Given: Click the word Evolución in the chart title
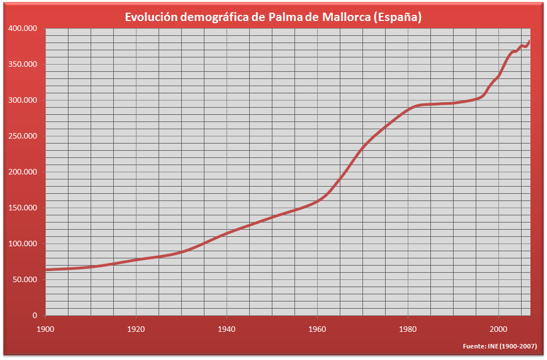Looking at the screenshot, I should pyautogui.click(x=151, y=17).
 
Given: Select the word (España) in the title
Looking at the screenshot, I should pyautogui.click(x=397, y=17).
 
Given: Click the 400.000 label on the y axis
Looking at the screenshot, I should pyautogui.click(x=23, y=29).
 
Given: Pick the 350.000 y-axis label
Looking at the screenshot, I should pyautogui.click(x=23, y=65).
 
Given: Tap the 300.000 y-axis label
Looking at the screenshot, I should pyautogui.click(x=23, y=100).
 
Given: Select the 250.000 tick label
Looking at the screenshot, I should pyautogui.click(x=23, y=136).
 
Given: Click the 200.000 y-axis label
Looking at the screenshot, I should pyautogui.click(x=23, y=172).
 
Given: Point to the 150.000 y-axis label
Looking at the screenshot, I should pyautogui.click(x=23, y=208).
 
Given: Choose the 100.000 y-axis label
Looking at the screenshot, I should pyautogui.click(x=23, y=244).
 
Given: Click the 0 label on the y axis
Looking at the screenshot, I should pyautogui.click(x=35, y=316).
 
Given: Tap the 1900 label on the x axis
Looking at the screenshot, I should pyautogui.click(x=45, y=329).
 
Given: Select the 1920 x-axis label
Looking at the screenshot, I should pyautogui.click(x=136, y=329).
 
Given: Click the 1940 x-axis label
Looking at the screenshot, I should pyautogui.click(x=227, y=329).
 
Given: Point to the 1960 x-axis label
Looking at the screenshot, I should pyautogui.click(x=317, y=329).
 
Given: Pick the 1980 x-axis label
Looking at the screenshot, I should pyautogui.click(x=408, y=329).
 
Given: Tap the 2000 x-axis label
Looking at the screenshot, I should pyautogui.click(x=498, y=329).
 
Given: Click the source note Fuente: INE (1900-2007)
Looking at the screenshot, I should pyautogui.click(x=500, y=346).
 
